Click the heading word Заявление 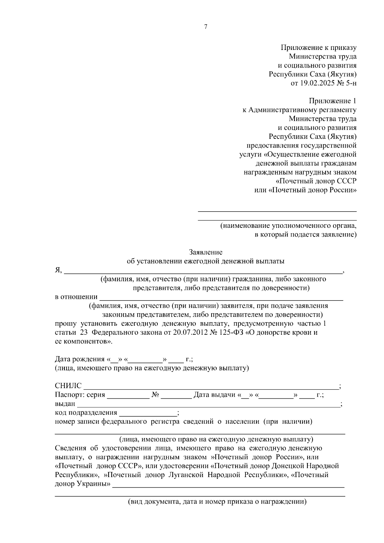click(x=205, y=252)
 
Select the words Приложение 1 click(x=332, y=101)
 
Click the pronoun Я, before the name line click(x=58, y=270)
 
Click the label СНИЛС click(x=68, y=386)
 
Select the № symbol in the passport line click(x=156, y=395)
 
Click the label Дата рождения click(x=80, y=359)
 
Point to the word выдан click(x=65, y=404)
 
